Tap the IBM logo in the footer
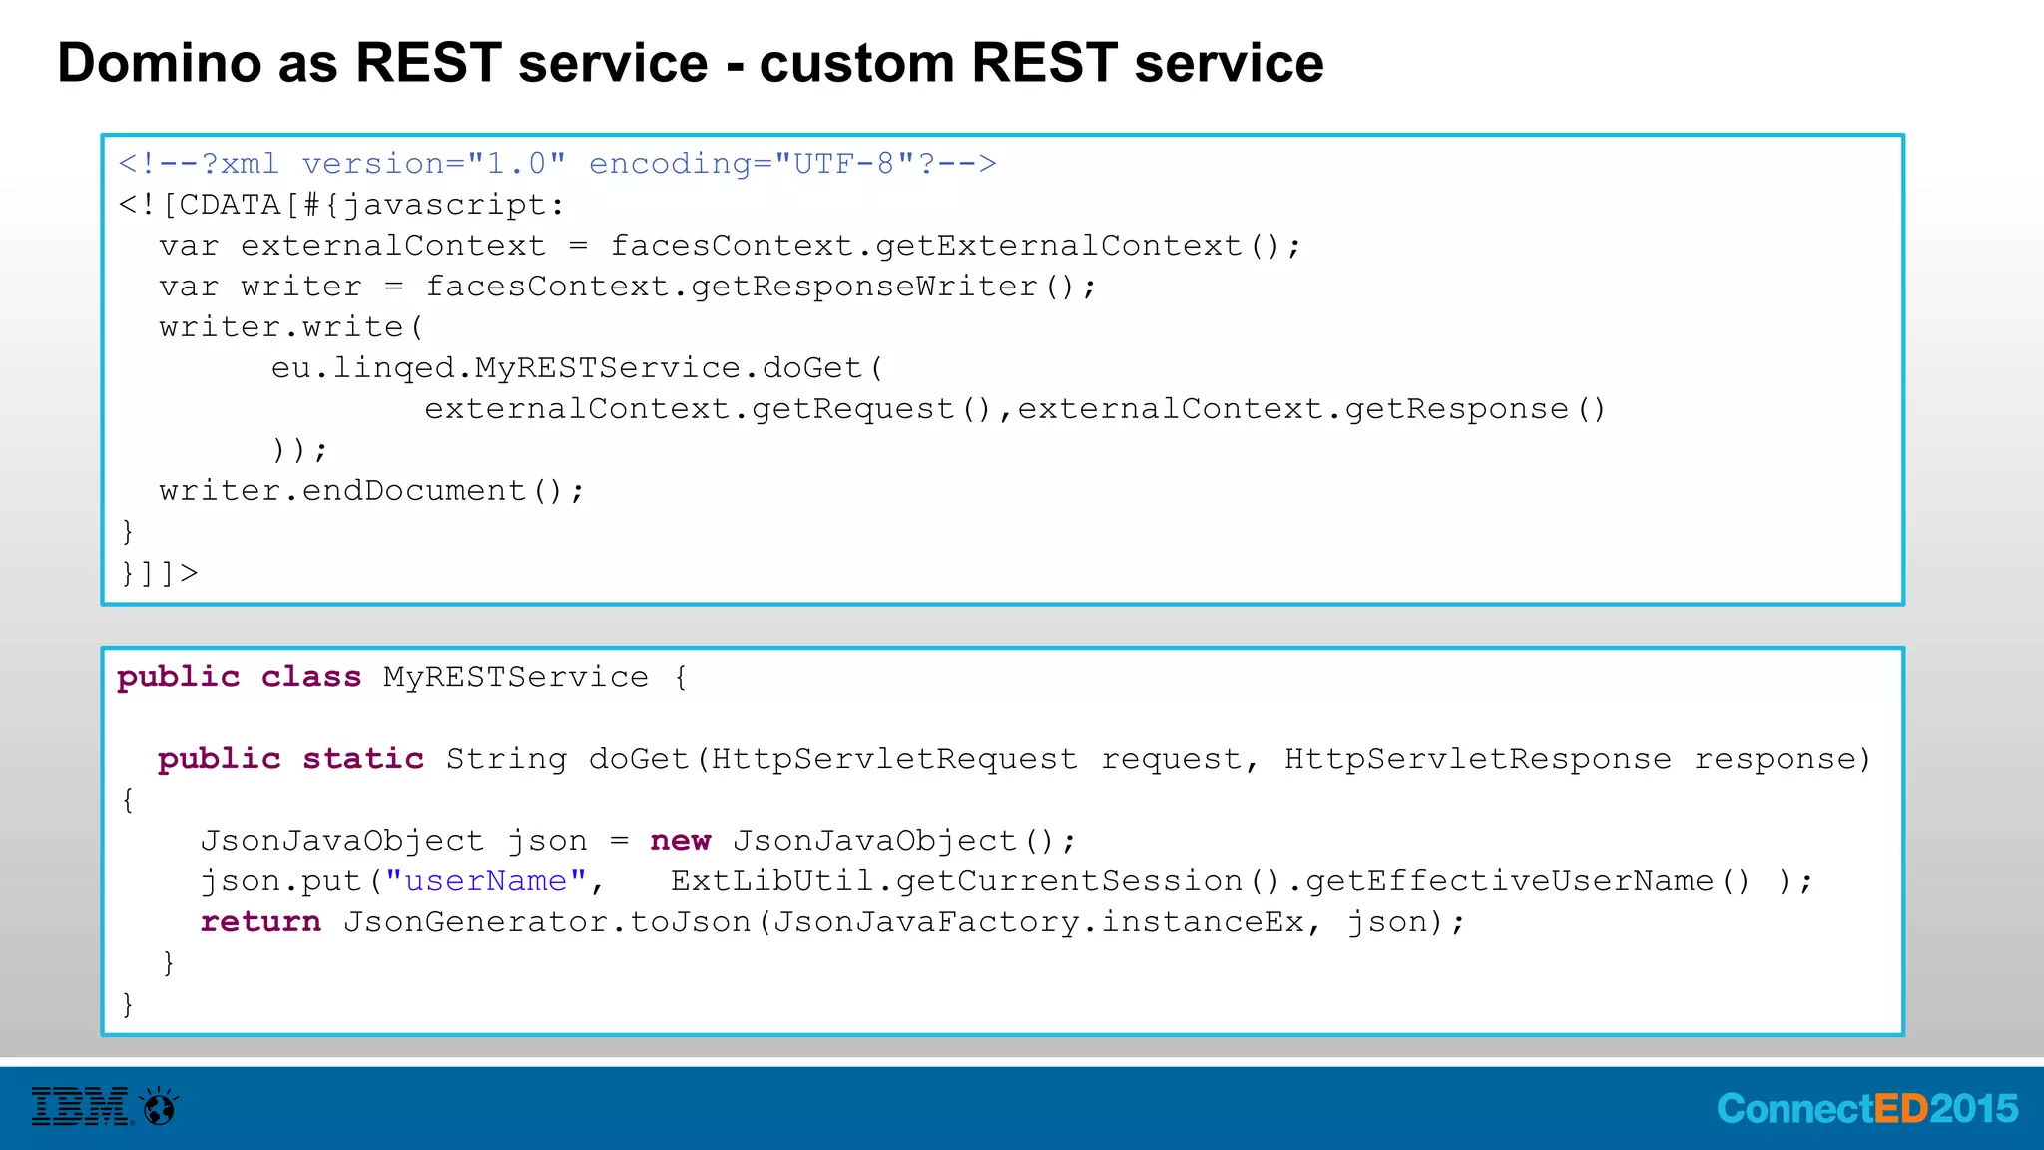pos(81,1107)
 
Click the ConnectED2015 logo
pos(1866,1109)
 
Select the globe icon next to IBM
pos(160,1107)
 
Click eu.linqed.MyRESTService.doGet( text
pos(577,368)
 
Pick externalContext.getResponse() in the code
pos(1310,409)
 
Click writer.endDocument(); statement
pos(371,491)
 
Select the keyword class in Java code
pos(310,677)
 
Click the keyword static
pos(363,759)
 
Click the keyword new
pos(680,841)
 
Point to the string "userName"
pos(486,881)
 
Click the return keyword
pos(260,922)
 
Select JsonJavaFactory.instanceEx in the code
pos(1038,922)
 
